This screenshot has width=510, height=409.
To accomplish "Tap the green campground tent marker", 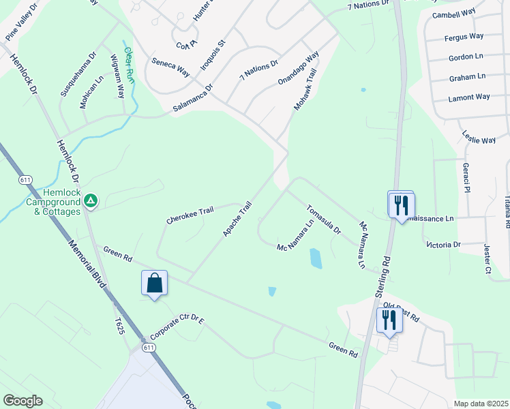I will click(x=91, y=201).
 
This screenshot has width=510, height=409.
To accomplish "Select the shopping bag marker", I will click(x=154, y=283).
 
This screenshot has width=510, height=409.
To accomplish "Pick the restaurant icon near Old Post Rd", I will click(x=389, y=319).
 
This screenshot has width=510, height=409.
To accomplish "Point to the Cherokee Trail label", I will click(x=190, y=215).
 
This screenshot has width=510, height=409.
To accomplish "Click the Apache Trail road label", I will click(x=238, y=219).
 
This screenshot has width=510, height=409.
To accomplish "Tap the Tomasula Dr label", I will click(x=323, y=219).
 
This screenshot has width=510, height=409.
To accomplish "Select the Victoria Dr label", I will click(x=443, y=244).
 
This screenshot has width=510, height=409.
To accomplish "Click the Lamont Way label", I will click(x=469, y=97).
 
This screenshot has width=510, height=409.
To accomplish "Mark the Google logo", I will click(x=22, y=400).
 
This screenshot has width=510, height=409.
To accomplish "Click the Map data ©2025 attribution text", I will click(x=480, y=404).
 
